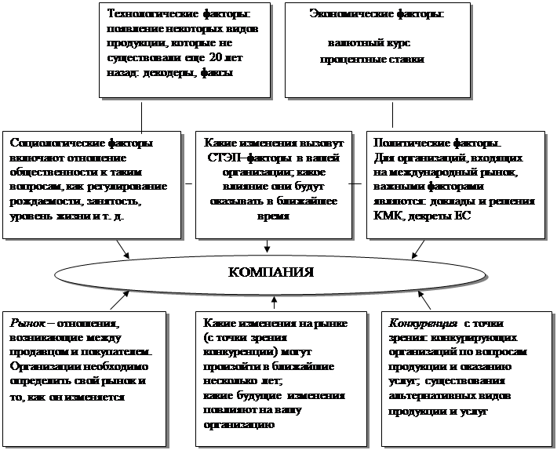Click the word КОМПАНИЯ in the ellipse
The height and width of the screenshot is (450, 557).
click(x=270, y=273)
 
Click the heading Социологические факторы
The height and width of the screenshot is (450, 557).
click(x=82, y=143)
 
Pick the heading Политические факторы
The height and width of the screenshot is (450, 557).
click(x=437, y=143)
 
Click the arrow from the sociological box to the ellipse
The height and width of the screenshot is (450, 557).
click(x=122, y=249)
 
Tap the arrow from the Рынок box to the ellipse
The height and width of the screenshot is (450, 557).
click(x=119, y=299)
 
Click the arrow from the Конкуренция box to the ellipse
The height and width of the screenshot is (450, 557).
click(x=424, y=301)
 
